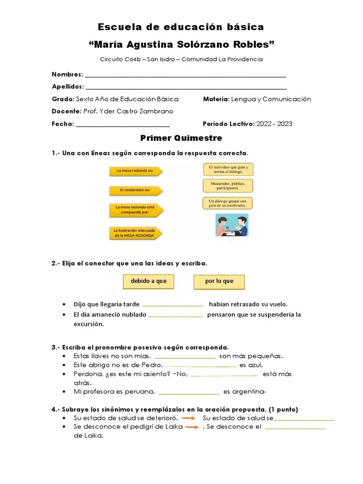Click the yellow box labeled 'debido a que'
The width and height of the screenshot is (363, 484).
point(148,281)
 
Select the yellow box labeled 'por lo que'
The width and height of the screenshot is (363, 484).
point(219,282)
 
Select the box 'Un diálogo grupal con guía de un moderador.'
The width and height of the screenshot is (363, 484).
point(228,203)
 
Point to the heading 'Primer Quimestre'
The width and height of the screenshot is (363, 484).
point(181,138)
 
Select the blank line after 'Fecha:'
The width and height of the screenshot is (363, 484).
point(122,125)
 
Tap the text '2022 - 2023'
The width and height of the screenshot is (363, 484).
point(274,124)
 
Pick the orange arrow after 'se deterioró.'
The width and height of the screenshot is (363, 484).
point(189,418)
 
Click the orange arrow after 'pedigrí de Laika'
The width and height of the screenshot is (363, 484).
point(192,427)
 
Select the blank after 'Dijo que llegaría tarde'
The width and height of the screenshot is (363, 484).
point(173,305)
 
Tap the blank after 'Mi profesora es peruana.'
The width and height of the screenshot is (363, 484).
point(189,392)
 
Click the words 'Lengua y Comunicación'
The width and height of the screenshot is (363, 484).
point(271,99)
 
